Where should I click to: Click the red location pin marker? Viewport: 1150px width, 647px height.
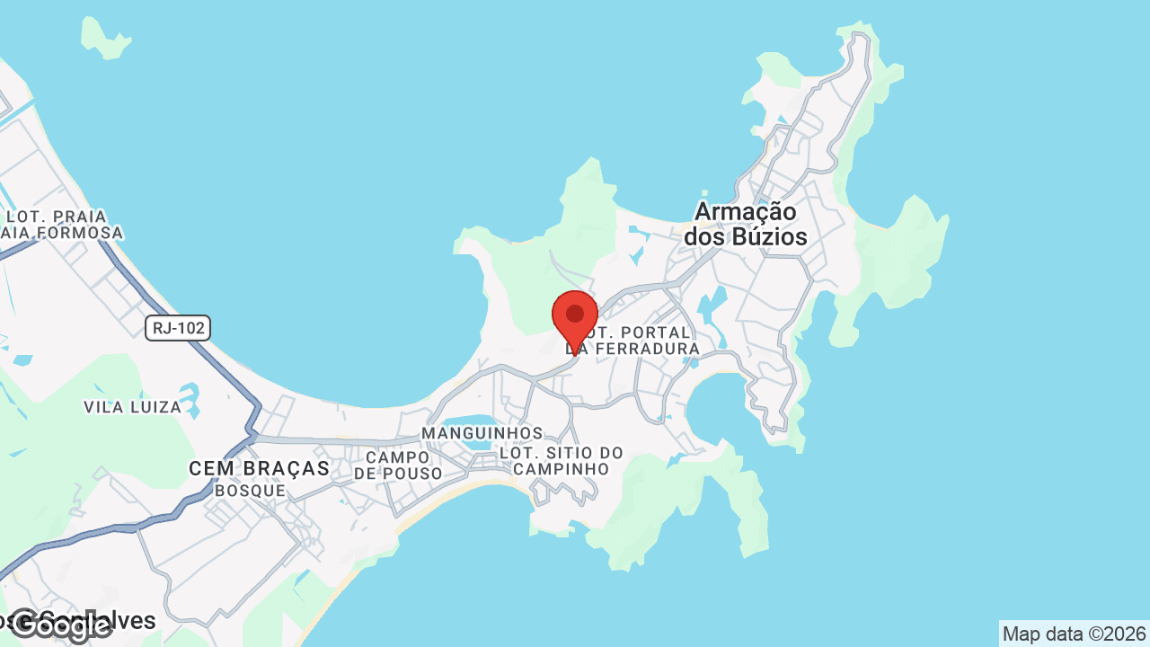pyautogui.click(x=575, y=317)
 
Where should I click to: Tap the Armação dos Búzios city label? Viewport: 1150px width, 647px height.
pyautogui.click(x=746, y=225)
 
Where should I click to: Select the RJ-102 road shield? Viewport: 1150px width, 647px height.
pyautogui.click(x=178, y=328)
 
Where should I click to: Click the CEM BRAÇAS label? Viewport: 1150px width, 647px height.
pyautogui.click(x=260, y=468)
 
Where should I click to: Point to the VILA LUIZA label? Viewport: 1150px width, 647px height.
pyautogui.click(x=133, y=407)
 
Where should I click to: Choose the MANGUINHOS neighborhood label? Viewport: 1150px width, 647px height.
pyautogui.click(x=482, y=433)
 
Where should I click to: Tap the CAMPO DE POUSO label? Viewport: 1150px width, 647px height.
pyautogui.click(x=398, y=465)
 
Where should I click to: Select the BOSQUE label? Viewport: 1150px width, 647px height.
pyautogui.click(x=250, y=491)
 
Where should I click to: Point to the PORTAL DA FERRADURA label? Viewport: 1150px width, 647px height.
pyautogui.click(x=640, y=341)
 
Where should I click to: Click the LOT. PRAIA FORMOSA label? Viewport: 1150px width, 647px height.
pyautogui.click(x=59, y=225)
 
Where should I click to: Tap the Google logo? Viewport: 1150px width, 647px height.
pyautogui.click(x=59, y=625)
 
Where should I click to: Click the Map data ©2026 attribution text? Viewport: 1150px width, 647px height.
pyautogui.click(x=1074, y=634)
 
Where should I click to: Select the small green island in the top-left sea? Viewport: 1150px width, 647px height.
pyautogui.click(x=104, y=38)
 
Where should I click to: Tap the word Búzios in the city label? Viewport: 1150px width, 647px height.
pyautogui.click(x=768, y=237)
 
